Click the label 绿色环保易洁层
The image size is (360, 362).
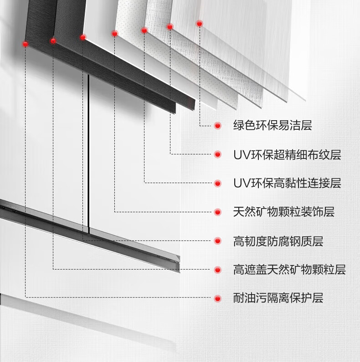pos(273,126)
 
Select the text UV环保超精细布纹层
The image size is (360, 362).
pos(287,155)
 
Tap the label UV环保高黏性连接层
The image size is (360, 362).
pos(287,184)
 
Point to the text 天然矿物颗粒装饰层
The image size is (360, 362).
pos(283,212)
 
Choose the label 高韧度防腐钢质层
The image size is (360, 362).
pos(278,241)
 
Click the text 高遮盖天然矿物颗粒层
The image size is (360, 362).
pos(289,270)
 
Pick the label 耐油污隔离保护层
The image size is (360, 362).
pos(278,299)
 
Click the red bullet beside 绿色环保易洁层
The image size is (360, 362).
pos(218,126)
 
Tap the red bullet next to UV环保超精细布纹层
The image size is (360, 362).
pos(218,155)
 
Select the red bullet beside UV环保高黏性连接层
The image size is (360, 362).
pos(218,184)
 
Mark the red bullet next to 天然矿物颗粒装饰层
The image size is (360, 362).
pos(218,212)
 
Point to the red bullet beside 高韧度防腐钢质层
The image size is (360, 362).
pos(218,241)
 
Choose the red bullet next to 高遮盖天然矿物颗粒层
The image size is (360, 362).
pos(218,270)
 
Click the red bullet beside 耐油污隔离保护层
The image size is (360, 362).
pos(218,299)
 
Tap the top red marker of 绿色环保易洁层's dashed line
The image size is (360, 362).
pos(199,23)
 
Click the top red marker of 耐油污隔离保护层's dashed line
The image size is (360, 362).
pos(25,44)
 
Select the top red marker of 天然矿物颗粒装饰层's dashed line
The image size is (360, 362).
pos(114,33)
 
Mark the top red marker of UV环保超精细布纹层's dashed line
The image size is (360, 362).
pos(170,27)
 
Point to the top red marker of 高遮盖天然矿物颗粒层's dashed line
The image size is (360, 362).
pos(53,41)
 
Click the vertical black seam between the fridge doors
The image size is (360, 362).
pos(88,150)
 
